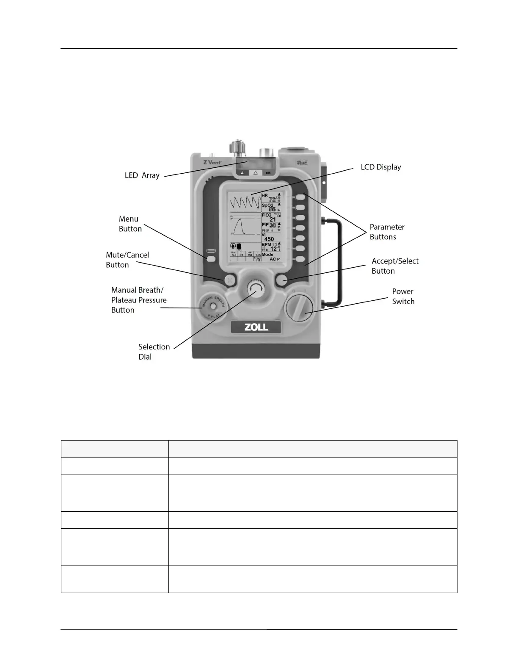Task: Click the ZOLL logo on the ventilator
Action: click(256, 327)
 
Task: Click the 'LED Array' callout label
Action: click(142, 175)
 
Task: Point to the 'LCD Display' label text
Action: click(380, 167)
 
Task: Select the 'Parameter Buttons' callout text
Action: click(387, 232)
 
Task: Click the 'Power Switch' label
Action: click(403, 297)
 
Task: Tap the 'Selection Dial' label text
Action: click(154, 352)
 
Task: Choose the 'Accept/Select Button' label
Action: click(395, 266)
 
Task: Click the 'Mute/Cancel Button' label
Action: click(127, 260)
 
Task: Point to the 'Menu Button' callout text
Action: click(130, 224)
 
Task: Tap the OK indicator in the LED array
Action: click(268, 173)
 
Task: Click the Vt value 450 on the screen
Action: click(269, 239)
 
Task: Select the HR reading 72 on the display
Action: click(272, 199)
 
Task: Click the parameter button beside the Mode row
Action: click(300, 259)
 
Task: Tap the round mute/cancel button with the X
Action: click(229, 280)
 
